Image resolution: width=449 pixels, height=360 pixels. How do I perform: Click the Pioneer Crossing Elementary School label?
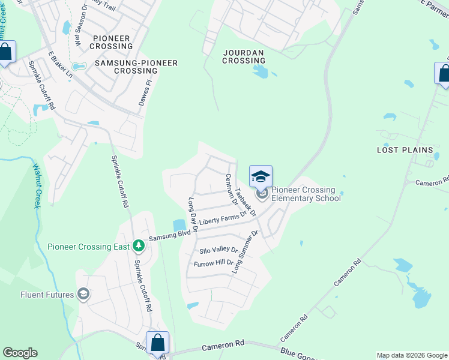coord(306,194)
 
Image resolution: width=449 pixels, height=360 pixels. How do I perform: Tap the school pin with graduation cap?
coord(261,176)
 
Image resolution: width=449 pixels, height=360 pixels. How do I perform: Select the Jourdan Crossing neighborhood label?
coord(244,56)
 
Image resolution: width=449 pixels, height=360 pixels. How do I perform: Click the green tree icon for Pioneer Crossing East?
coord(138,246)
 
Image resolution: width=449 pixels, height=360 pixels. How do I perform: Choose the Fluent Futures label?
coord(47,295)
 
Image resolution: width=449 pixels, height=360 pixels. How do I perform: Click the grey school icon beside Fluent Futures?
coord(83,295)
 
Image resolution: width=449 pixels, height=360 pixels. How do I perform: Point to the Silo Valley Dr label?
coord(218,250)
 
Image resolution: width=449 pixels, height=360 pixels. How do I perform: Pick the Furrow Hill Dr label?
coord(213,263)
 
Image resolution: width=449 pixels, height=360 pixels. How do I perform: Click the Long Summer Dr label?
coord(245,251)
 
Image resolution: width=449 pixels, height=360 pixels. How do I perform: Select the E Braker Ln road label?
coord(61,64)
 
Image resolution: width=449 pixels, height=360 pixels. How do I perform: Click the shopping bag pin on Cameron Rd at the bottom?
coord(157,343)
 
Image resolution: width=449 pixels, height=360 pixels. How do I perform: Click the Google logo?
coord(20,353)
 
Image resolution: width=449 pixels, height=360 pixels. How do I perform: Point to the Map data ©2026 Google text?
coord(411,355)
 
